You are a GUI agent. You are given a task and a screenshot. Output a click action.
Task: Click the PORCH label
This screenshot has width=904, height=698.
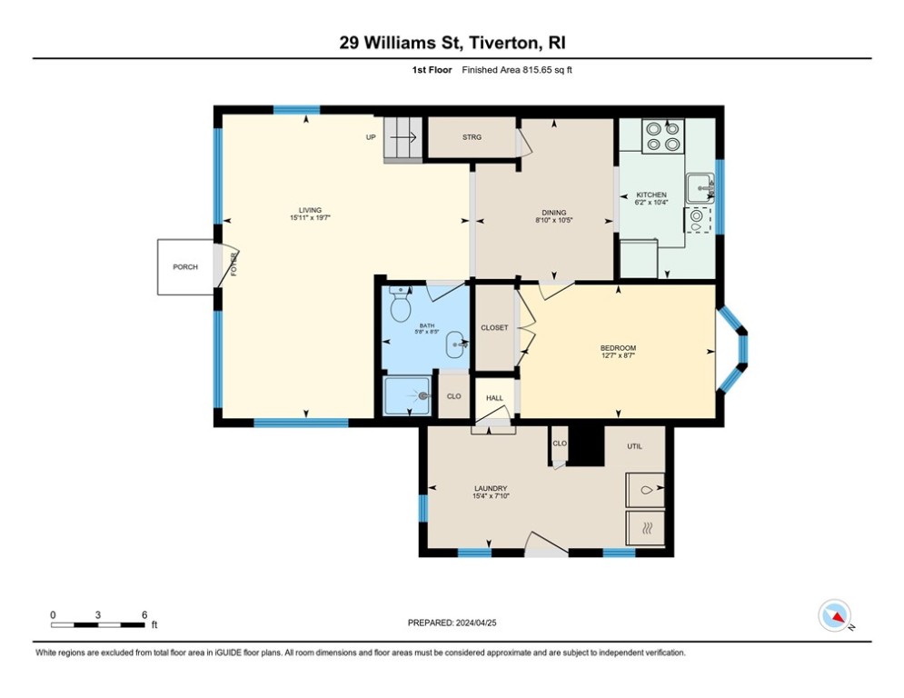(185, 267)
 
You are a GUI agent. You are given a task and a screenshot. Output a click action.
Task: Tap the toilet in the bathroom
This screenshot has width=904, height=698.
(400, 304)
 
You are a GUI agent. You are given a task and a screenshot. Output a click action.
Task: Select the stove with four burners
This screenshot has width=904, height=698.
(663, 136)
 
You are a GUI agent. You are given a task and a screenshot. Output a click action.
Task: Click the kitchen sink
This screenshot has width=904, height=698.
(700, 187)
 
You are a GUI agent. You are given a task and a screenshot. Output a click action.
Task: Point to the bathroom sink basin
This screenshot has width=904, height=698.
(457, 345)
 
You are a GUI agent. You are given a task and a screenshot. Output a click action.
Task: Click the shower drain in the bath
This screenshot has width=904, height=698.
(424, 395)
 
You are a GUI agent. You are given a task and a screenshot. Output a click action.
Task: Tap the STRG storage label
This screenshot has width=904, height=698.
(472, 137)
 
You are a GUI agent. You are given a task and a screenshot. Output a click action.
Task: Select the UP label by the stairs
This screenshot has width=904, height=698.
(371, 137)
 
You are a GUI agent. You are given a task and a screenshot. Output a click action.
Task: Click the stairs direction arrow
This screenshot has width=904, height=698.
(403, 137)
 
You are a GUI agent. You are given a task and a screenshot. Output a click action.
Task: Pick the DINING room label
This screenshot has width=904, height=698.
(554, 213)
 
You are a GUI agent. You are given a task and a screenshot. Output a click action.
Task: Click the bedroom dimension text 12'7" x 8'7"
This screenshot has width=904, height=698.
(618, 356)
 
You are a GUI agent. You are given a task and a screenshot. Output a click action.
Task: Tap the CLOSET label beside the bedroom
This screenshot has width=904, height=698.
(494, 328)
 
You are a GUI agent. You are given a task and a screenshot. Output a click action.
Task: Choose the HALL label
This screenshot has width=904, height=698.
(494, 398)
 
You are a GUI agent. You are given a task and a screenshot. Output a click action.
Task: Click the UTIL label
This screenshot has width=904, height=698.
(635, 446)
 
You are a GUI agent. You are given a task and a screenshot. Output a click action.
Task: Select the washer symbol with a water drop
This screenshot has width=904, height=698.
(646, 491)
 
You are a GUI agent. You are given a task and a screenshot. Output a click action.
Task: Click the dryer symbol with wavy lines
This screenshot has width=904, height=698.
(646, 528)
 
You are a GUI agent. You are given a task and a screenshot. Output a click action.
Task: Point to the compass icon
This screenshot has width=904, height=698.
(834, 615)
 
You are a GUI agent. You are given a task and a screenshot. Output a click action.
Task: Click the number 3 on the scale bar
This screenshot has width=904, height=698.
(98, 615)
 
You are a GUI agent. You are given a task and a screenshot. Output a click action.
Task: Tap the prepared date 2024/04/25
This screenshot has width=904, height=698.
(476, 623)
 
